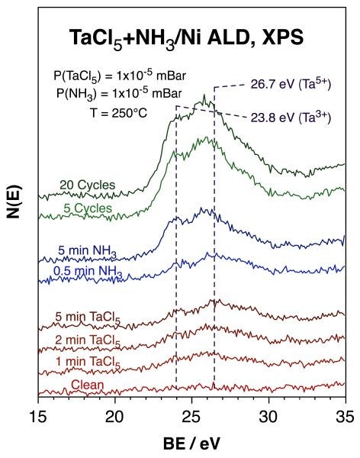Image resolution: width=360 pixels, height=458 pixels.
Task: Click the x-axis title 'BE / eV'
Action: click(191, 442)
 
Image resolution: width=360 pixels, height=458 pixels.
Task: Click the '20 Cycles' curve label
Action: click(88, 185)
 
